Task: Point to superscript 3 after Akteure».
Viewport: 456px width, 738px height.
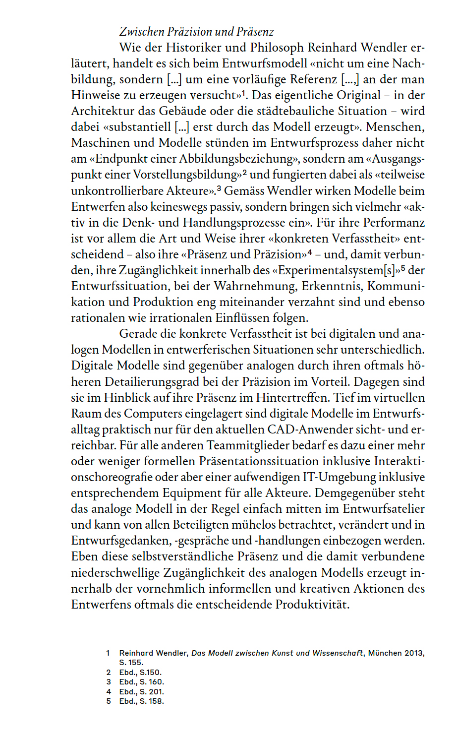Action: click(218, 188)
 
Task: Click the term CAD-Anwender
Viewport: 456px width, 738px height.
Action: click(313, 429)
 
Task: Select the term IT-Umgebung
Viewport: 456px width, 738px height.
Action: click(339, 477)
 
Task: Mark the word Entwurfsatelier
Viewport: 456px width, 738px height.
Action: click(383, 509)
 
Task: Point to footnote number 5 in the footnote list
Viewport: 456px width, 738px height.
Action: click(109, 701)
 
